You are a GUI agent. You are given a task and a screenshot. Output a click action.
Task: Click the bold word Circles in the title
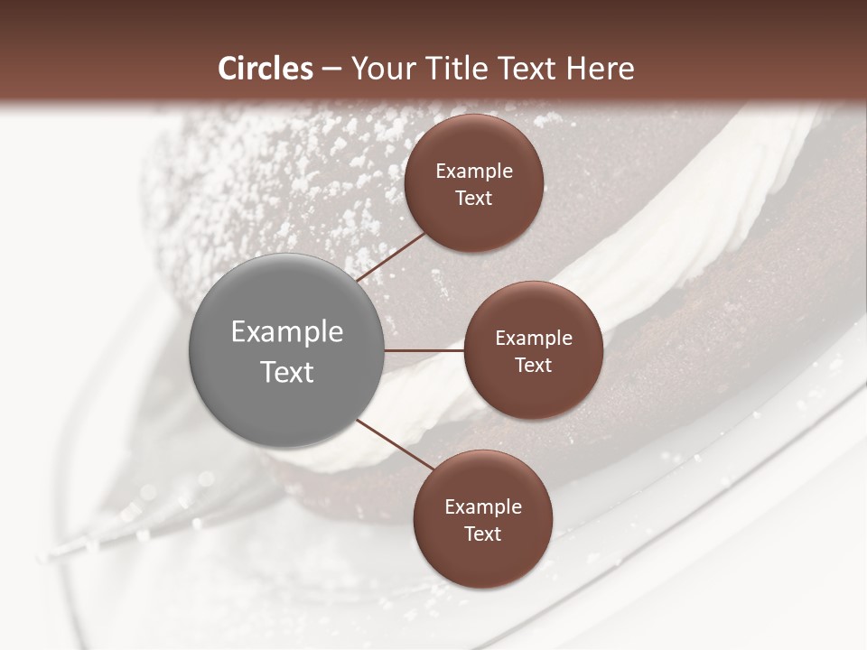point(265,69)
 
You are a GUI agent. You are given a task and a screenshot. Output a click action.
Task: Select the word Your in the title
point(379,69)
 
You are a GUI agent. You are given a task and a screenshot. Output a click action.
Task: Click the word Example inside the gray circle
point(287,332)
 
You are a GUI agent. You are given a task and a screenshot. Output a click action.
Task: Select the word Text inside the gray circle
point(287,372)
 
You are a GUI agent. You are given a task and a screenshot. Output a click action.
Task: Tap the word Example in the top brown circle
point(474,172)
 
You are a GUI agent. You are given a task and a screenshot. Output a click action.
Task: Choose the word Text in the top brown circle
point(474,199)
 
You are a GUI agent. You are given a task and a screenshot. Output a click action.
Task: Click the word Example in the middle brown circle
point(534,339)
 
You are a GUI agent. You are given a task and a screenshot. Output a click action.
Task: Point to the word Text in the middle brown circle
point(534,366)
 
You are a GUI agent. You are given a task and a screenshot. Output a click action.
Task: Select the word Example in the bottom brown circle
point(483,507)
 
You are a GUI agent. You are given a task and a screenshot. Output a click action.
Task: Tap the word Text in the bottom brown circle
point(483,534)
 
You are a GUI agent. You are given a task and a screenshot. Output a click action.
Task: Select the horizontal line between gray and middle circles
point(424,350)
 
